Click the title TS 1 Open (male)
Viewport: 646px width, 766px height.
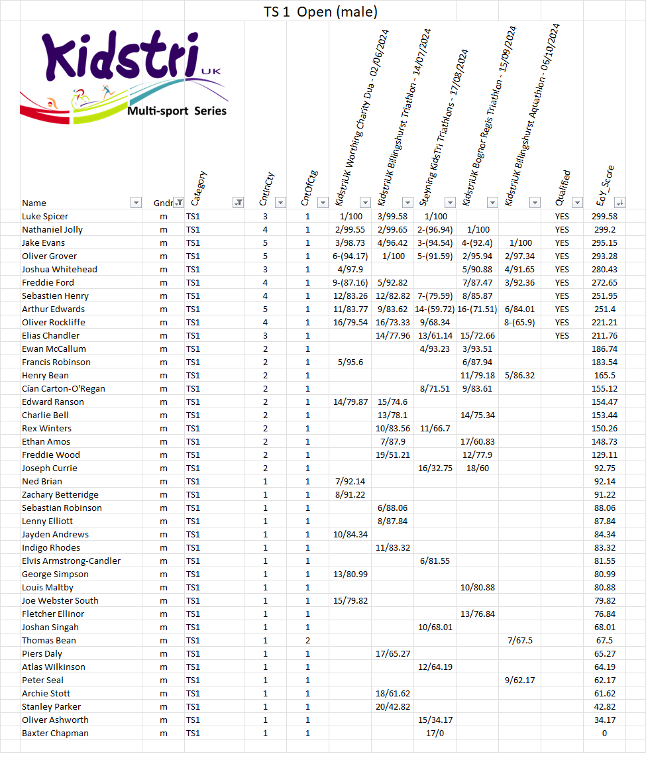(x=321, y=12)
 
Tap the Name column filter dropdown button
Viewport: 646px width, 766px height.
(x=136, y=203)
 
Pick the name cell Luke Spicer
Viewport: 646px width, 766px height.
(x=45, y=216)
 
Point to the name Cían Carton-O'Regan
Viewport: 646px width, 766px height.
(x=64, y=388)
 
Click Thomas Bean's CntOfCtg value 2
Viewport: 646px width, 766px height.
(x=307, y=640)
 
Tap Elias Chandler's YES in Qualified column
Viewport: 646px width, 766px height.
(x=562, y=335)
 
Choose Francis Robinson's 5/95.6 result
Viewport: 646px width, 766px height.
(x=350, y=362)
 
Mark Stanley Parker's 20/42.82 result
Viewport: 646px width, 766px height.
(x=392, y=706)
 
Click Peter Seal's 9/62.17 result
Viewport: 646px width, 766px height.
(x=519, y=680)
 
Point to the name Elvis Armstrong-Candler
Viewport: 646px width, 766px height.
(x=72, y=561)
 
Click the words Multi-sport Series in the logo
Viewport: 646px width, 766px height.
(x=177, y=111)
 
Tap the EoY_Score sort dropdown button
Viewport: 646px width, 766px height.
(x=619, y=203)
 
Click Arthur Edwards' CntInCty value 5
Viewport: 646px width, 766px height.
(x=265, y=309)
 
